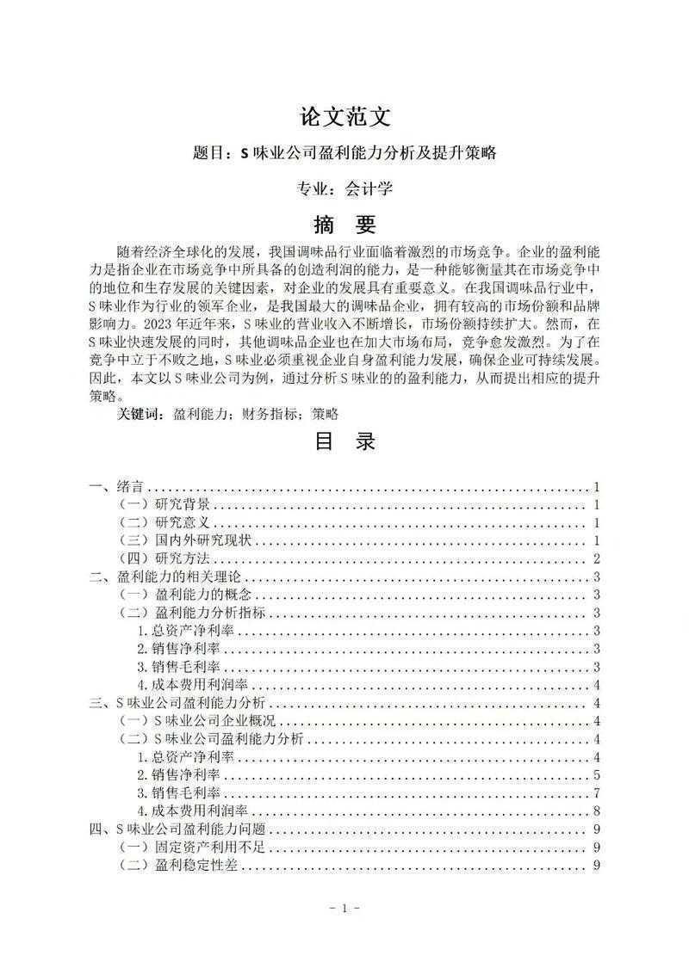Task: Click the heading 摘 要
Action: point(344,225)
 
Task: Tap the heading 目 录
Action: point(344,442)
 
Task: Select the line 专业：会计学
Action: point(344,188)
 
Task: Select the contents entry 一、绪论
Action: point(117,487)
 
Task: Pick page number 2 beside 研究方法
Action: point(596,559)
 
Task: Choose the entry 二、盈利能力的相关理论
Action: point(164,577)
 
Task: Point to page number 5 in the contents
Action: point(596,775)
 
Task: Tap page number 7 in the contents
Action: point(596,793)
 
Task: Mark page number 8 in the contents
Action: point(596,811)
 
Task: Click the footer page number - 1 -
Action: point(344,909)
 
